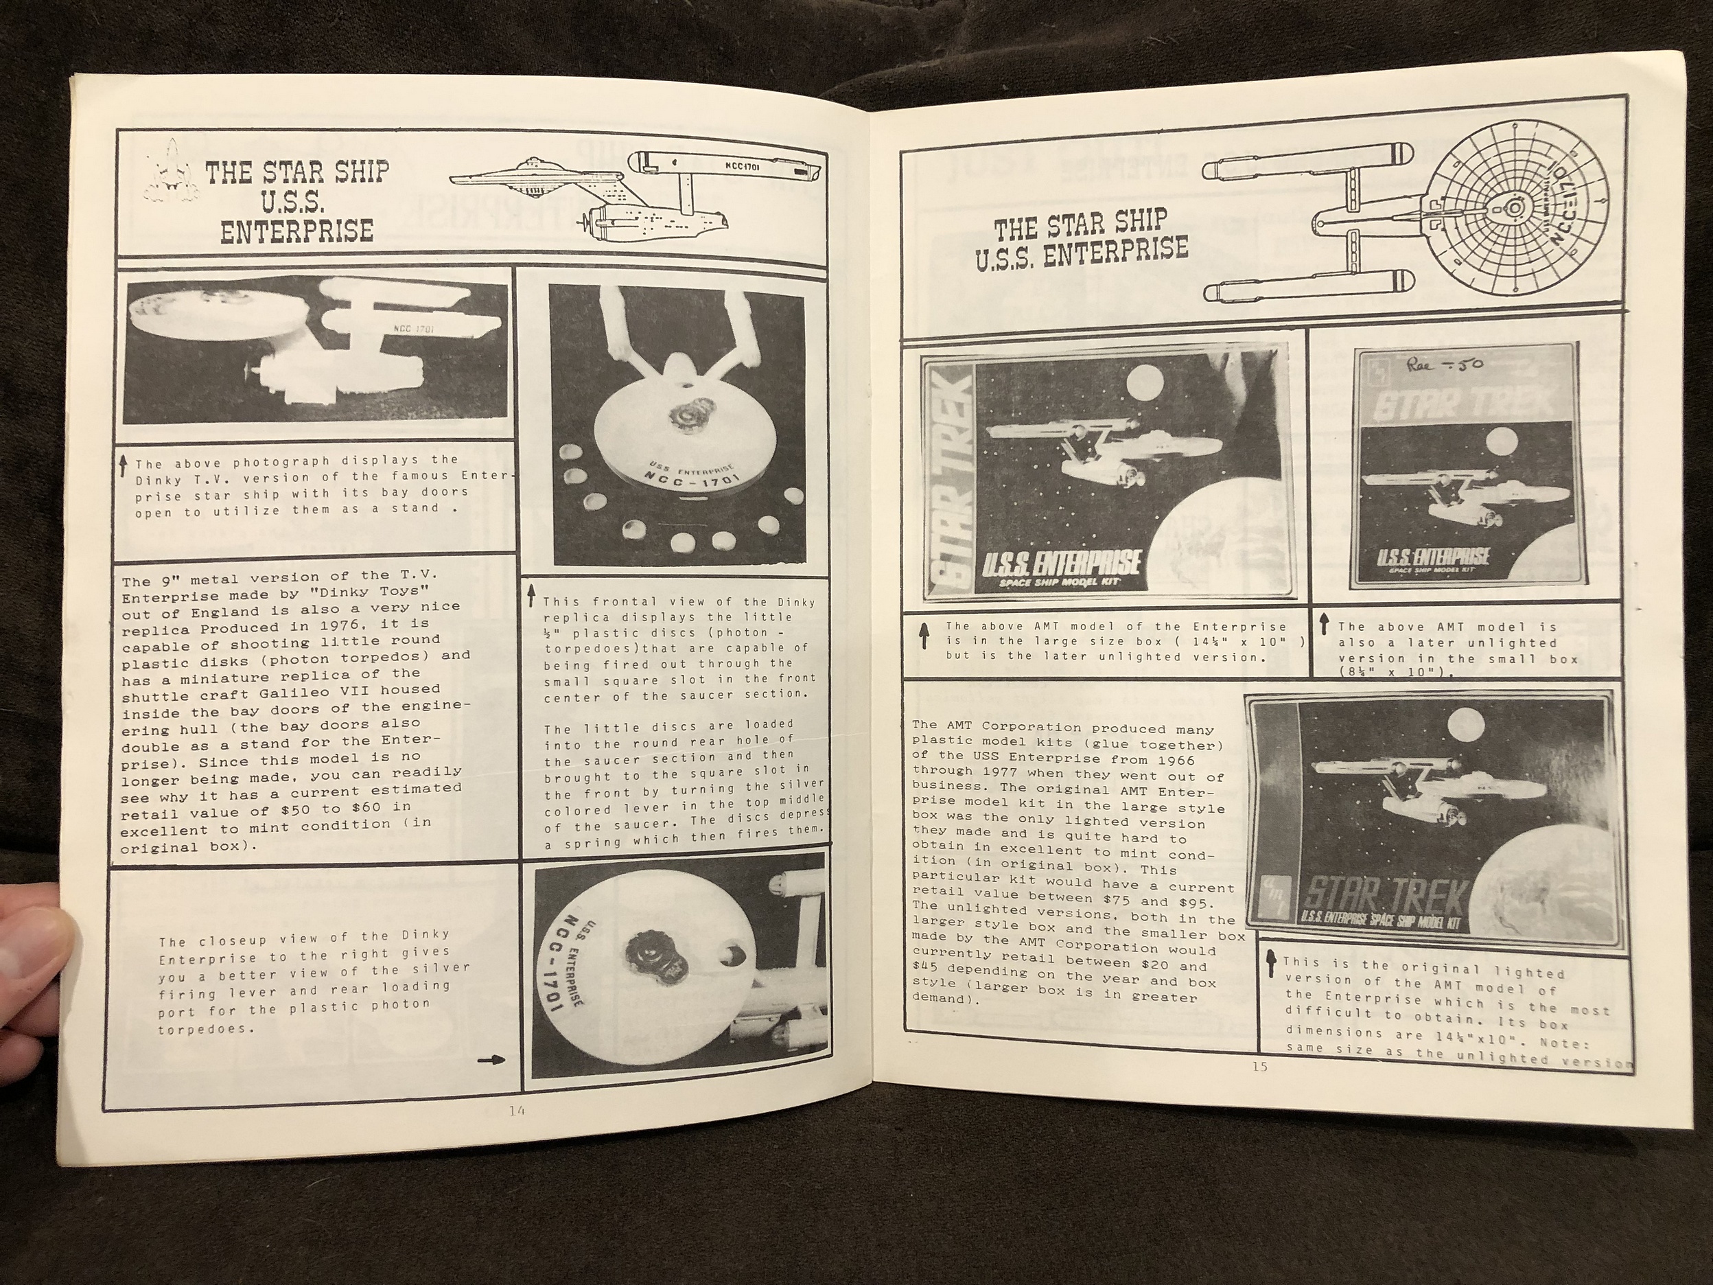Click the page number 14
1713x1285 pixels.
tap(517, 1111)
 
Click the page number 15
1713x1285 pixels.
tap(1259, 1067)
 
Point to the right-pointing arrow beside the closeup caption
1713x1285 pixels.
tap(491, 1061)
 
